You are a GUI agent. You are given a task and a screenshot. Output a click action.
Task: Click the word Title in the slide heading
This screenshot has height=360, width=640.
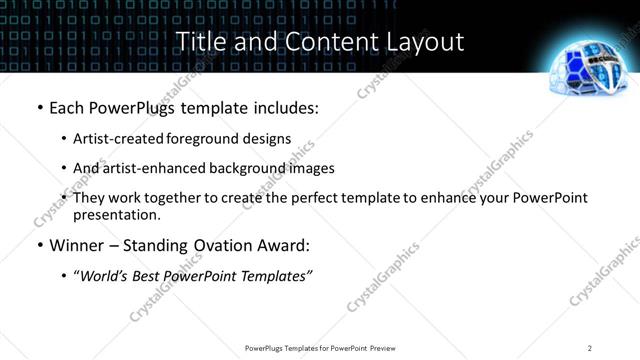pos(201,42)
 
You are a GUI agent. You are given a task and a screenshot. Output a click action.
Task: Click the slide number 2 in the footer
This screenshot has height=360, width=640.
pos(590,348)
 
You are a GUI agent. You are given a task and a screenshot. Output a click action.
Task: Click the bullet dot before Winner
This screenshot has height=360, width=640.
pos(39,246)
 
